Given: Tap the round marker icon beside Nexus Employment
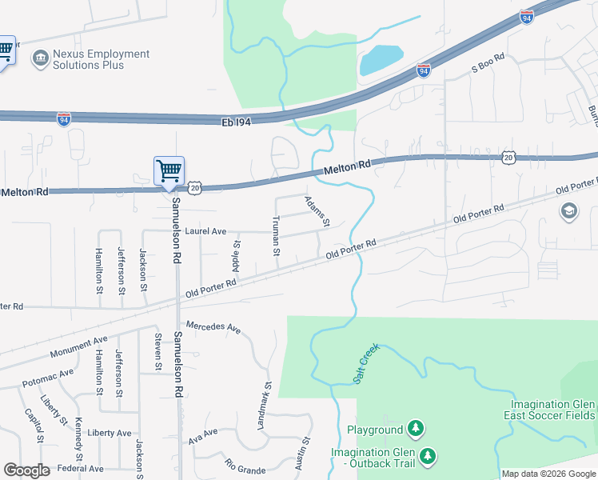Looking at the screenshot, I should (39, 58).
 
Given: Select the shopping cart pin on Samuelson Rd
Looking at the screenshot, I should (169, 170).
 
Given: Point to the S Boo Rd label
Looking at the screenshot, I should (488, 63).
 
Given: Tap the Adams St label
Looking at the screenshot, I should (317, 211).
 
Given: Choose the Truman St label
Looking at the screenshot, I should (276, 235).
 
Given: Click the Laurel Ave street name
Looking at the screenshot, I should (205, 231).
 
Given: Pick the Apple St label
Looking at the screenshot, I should (237, 254).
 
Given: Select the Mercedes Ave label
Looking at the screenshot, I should (213, 327).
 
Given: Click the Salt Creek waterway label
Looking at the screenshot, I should (365, 363).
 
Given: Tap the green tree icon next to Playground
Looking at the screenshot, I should (415, 430).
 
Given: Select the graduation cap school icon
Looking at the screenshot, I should (568, 211).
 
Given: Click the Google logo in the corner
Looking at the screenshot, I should (26, 470).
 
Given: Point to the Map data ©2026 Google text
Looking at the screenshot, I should (548, 474).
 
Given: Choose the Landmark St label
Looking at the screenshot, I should (265, 406).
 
